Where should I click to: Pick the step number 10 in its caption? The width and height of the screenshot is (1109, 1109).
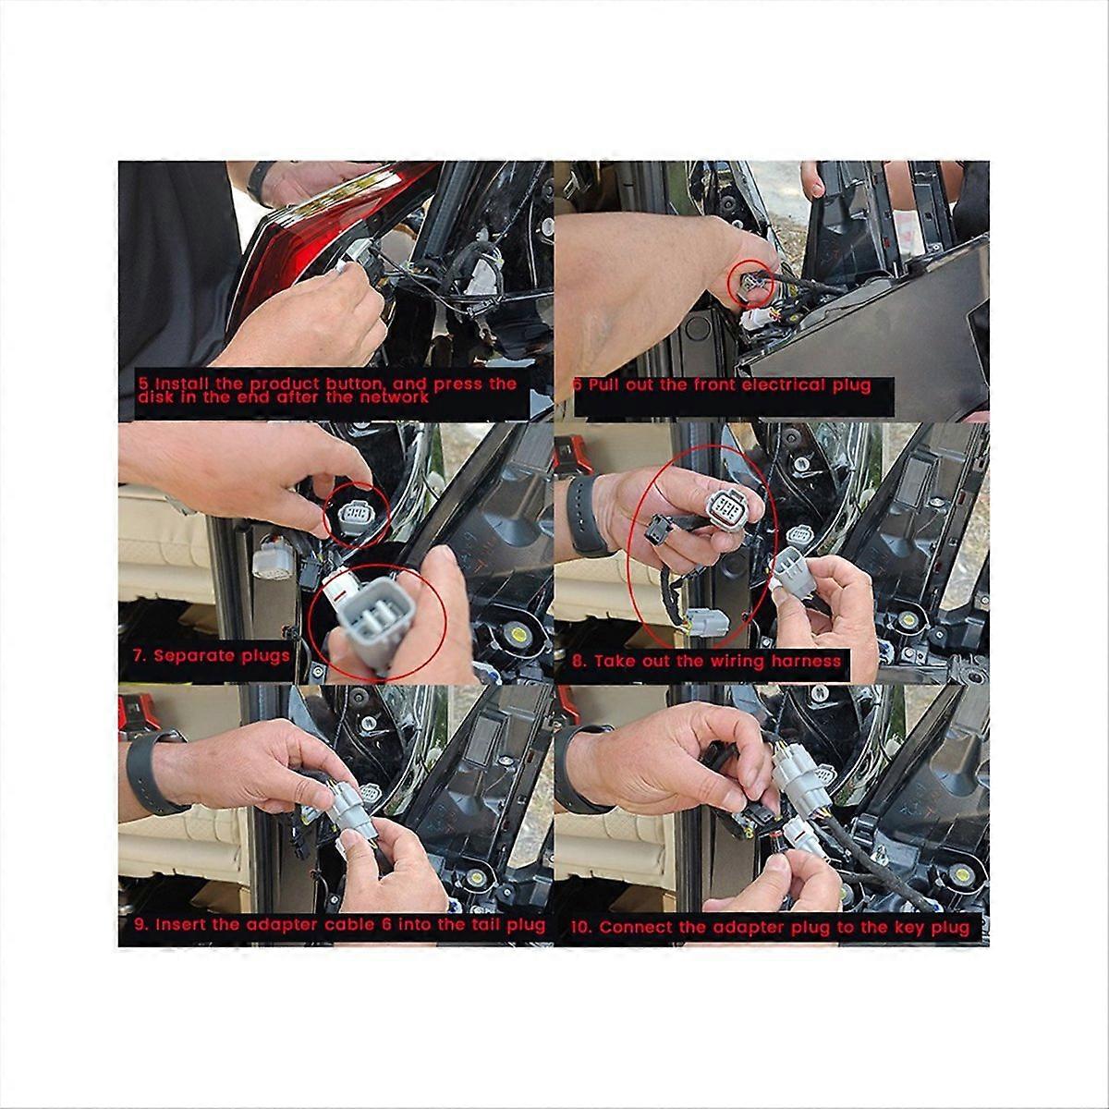tap(581, 927)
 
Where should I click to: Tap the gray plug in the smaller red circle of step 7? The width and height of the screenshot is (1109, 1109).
tap(356, 514)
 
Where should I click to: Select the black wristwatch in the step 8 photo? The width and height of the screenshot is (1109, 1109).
tap(580, 518)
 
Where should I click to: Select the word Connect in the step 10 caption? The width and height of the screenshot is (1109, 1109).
tap(634, 927)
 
